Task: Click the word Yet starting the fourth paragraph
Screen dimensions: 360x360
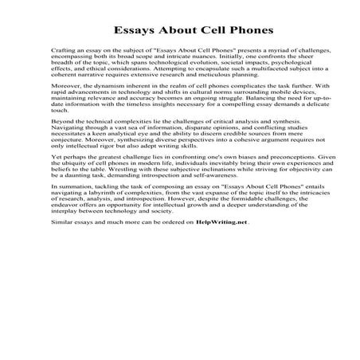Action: pyautogui.click(x=55, y=202)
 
